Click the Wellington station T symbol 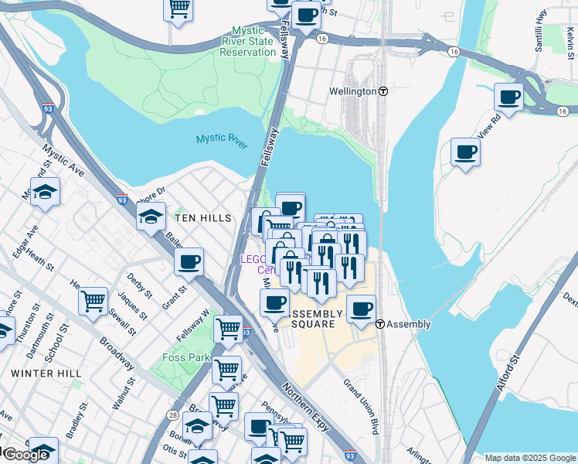tap(382, 91)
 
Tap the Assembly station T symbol tap(380, 325)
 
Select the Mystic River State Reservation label tap(247, 42)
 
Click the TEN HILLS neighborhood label tap(203, 219)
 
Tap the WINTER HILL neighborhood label tap(46, 374)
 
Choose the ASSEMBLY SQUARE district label tap(317, 319)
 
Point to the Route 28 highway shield tap(172, 416)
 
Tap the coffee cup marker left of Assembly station tap(360, 309)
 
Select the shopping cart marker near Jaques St tap(93, 299)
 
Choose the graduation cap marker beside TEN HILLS tap(151, 216)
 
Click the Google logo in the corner tap(25, 455)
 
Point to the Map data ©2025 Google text tap(530, 458)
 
